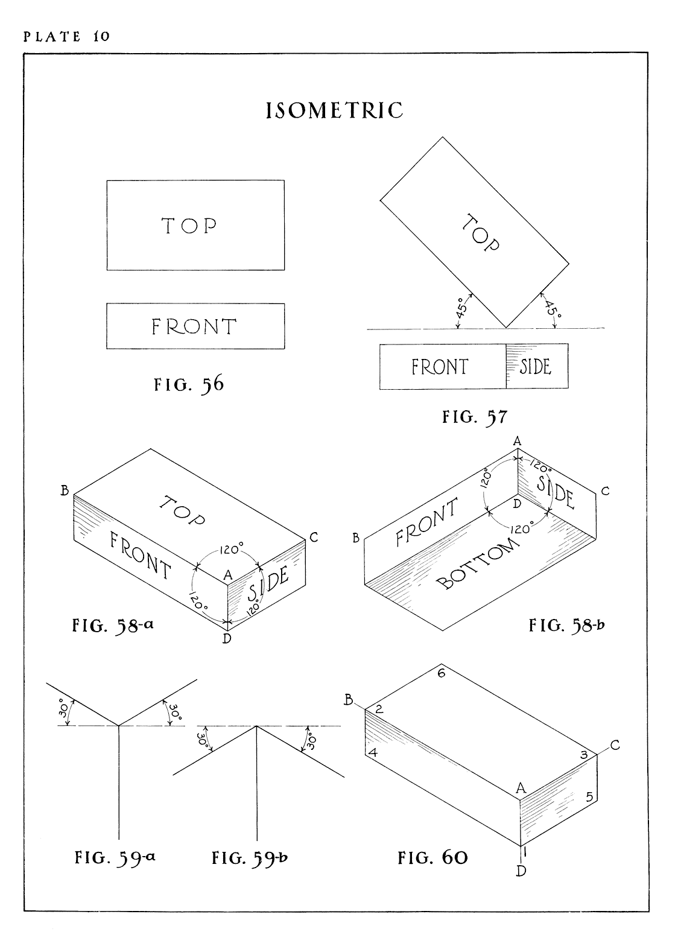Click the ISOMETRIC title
(335, 111)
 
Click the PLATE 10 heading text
(66, 36)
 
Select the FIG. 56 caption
(188, 384)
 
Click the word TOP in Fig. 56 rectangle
(189, 226)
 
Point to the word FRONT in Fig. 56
(194, 326)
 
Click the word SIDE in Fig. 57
(535, 367)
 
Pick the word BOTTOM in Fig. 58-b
(477, 563)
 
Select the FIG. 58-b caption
(566, 626)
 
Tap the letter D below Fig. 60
(521, 871)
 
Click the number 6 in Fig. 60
(441, 673)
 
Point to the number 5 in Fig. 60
(590, 797)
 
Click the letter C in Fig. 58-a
(314, 538)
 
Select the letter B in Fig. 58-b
(356, 538)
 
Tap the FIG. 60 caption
(432, 857)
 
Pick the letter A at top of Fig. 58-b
(517, 442)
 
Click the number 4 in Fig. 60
(373, 753)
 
